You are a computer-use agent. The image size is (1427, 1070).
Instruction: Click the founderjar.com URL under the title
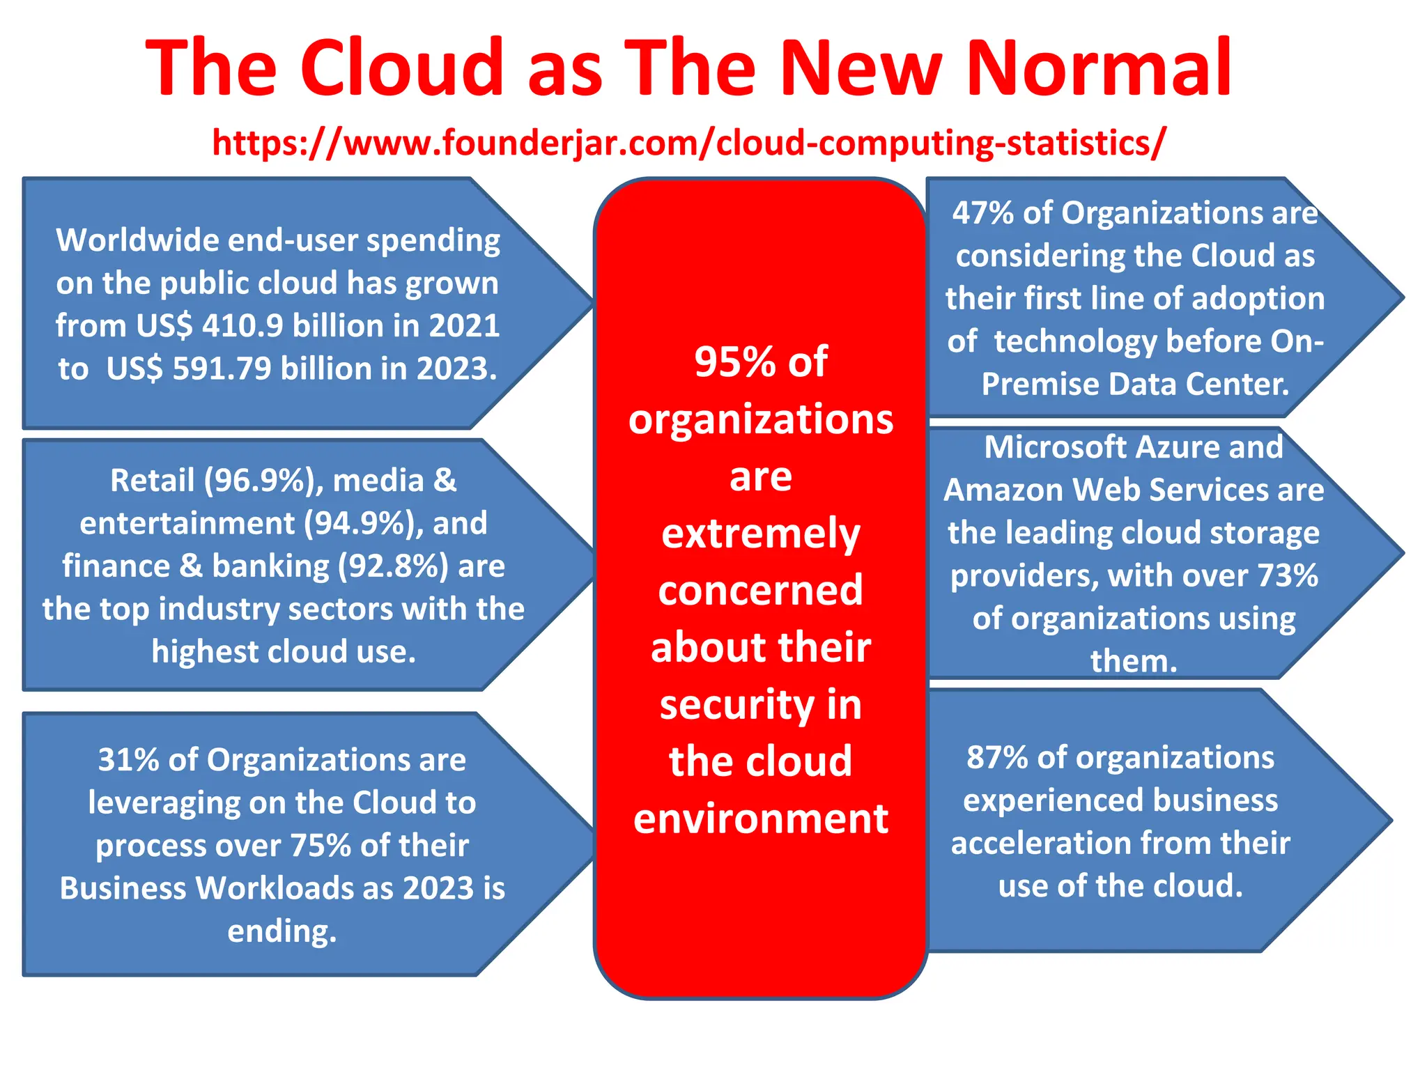pyautogui.click(x=688, y=143)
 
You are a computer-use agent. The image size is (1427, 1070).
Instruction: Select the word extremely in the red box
pyautogui.click(x=760, y=534)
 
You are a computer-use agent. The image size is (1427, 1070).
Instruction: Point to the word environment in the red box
pyautogui.click(x=760, y=819)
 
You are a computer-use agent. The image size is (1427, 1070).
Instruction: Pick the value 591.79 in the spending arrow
pyautogui.click(x=222, y=369)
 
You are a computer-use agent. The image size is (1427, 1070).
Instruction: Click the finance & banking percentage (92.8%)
pyautogui.click(x=393, y=566)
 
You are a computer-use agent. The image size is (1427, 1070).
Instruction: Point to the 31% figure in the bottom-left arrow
pyautogui.click(x=128, y=760)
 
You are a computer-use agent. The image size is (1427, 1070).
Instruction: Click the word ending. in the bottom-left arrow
pyautogui.click(x=282, y=931)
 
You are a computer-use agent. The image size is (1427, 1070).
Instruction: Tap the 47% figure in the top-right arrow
pyautogui.click(x=982, y=213)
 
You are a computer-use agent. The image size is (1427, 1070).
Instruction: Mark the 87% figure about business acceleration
pyautogui.click(x=996, y=758)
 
